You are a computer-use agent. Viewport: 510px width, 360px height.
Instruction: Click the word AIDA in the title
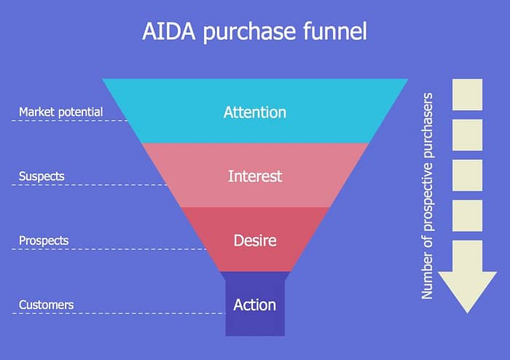click(169, 31)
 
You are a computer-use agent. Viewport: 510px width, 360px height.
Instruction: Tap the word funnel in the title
click(335, 31)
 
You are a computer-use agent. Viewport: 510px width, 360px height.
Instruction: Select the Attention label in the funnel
click(255, 112)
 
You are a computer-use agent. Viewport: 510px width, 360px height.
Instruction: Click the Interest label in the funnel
click(255, 176)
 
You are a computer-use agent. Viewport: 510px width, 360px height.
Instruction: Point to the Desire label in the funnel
click(255, 240)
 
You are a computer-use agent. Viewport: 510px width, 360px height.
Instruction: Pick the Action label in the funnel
click(255, 305)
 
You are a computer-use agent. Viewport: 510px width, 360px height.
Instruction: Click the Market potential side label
click(60, 112)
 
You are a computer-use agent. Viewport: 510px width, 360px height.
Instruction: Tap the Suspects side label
click(42, 176)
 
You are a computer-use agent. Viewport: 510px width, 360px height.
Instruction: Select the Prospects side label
click(44, 240)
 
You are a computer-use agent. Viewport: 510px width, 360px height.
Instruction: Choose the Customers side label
click(46, 305)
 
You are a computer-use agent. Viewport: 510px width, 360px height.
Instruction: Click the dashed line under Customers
click(119, 313)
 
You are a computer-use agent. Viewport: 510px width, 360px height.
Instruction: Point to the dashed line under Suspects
click(90, 184)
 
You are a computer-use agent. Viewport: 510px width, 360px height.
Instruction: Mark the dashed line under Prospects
click(109, 249)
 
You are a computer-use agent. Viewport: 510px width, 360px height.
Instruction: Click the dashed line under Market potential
click(70, 120)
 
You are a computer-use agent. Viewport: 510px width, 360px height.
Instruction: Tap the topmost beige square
click(468, 95)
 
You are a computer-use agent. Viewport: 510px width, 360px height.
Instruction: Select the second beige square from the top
click(468, 135)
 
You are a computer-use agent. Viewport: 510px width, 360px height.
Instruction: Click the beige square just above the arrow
click(468, 216)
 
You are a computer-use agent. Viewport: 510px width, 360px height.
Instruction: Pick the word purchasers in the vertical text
click(428, 125)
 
